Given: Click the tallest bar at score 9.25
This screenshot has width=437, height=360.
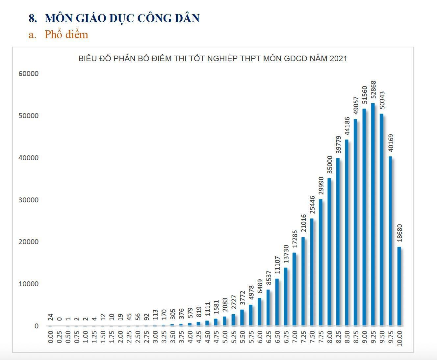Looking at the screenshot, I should [x=373, y=214].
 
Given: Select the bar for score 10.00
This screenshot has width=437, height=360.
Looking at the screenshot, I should [x=399, y=286].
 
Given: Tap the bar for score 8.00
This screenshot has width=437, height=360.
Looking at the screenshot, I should [x=329, y=252].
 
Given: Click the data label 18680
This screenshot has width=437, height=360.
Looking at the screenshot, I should [x=399, y=233].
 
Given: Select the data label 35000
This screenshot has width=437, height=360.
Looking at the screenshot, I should [x=329, y=165].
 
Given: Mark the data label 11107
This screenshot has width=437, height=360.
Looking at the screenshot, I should [x=277, y=265].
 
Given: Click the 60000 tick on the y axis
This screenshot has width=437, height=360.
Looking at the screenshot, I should [x=29, y=74].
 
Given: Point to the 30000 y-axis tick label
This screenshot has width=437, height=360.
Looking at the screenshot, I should [x=29, y=200].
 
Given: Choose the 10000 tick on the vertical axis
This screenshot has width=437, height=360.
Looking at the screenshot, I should [x=29, y=284].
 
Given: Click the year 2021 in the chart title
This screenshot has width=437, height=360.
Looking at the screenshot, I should [x=338, y=59].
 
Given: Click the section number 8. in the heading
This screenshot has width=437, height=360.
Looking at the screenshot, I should [x=33, y=18].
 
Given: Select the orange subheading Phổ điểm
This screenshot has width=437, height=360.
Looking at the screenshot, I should [x=66, y=35].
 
